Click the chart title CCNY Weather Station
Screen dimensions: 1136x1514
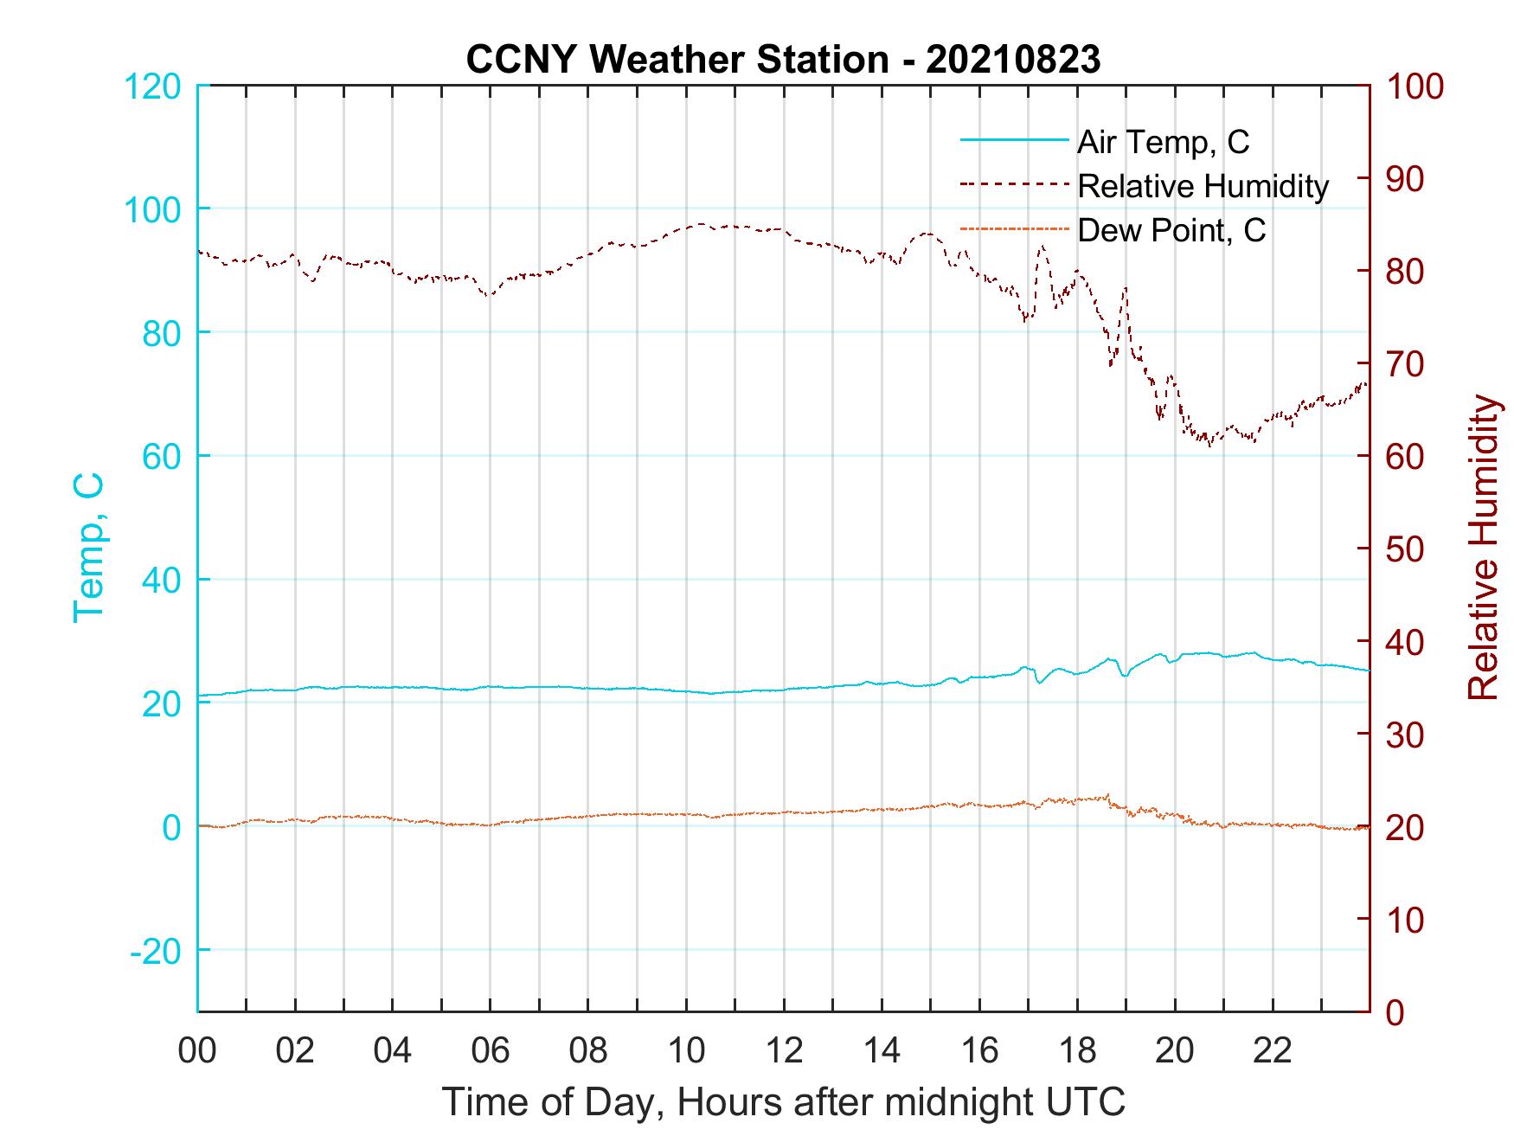click(783, 60)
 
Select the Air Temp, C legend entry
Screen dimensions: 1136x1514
click(1162, 142)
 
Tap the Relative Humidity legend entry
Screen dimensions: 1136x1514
click(1203, 186)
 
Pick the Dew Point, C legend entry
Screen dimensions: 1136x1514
click(1171, 230)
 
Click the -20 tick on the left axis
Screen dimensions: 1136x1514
click(156, 951)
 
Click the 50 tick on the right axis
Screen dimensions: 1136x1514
click(1407, 549)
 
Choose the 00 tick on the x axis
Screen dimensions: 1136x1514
click(197, 1052)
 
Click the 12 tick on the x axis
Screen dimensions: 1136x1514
click(784, 1052)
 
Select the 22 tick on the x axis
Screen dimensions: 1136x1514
click(1273, 1052)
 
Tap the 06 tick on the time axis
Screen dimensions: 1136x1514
click(491, 1052)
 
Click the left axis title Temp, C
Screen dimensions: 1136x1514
click(89, 548)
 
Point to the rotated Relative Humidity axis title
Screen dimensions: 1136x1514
click(1483, 548)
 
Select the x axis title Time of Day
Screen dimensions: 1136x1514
click(783, 1102)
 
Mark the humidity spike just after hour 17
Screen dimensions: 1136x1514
click(1042, 247)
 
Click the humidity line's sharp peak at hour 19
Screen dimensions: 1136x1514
click(1126, 288)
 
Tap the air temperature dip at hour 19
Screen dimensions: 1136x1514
click(1125, 675)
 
